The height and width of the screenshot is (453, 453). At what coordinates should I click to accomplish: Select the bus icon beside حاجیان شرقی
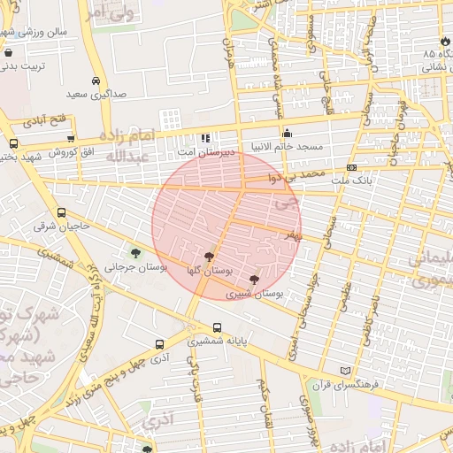61,213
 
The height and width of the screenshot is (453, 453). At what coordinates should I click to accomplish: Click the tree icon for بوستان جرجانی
134,255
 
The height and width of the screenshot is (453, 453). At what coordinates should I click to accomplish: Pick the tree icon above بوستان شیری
254,280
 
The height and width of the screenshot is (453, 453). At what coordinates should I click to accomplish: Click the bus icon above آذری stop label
159,345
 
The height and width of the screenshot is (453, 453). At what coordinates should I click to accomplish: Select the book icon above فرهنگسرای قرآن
344,371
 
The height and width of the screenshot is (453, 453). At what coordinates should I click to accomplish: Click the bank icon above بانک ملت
352,167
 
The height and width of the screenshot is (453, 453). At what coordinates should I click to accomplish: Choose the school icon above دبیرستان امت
205,137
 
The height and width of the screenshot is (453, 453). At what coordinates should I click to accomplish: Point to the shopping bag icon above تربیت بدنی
8,53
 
